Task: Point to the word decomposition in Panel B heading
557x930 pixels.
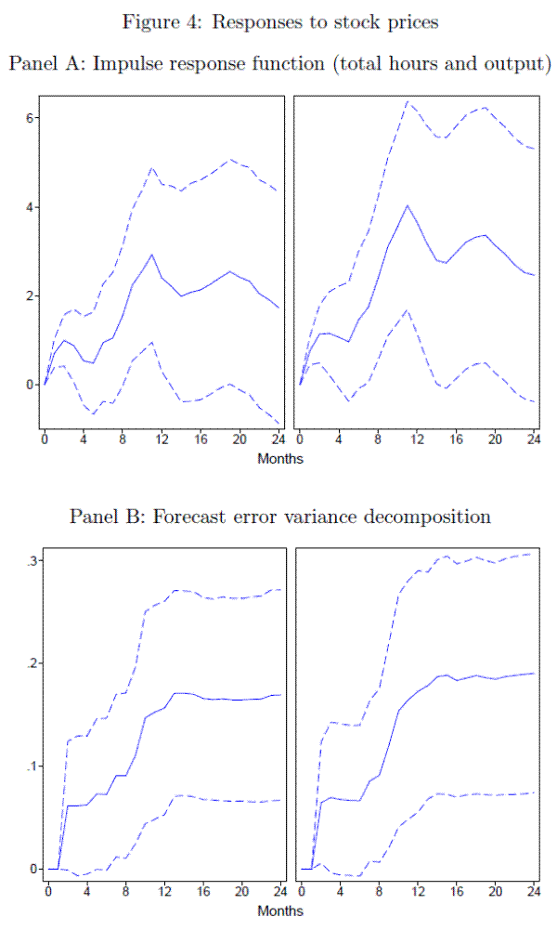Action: coord(425,517)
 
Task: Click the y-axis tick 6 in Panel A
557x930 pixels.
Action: coord(30,117)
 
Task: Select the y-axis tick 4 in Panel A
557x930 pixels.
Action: coord(30,206)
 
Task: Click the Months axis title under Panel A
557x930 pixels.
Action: coord(281,458)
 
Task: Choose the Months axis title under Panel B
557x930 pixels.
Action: coord(281,910)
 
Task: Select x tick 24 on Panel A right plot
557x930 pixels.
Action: coord(534,438)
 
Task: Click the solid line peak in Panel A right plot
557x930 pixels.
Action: coord(407,204)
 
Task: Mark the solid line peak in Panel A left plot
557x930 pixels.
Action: coord(151,255)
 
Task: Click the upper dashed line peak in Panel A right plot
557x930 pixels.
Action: coord(407,100)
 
